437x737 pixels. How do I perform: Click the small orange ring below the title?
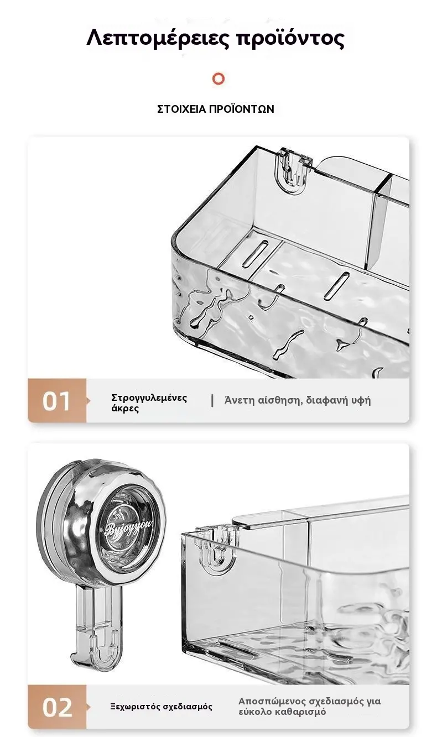click(x=218, y=79)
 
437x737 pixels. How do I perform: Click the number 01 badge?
click(x=56, y=401)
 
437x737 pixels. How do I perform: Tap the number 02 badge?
click(x=57, y=707)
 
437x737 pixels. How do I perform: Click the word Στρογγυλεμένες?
click(x=149, y=398)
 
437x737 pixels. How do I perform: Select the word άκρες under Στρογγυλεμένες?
click(x=125, y=409)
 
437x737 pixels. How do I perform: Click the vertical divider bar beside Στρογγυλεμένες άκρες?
click(x=212, y=401)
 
